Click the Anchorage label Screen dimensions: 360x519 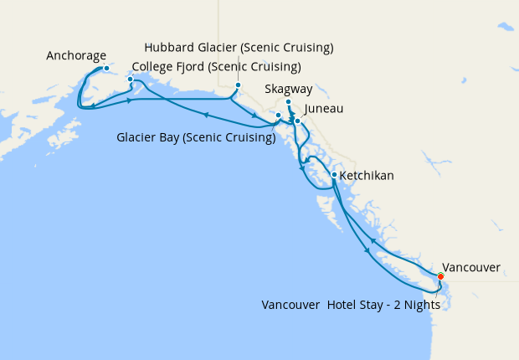76,57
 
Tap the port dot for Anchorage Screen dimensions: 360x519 106,68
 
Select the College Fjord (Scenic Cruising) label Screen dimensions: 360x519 217,67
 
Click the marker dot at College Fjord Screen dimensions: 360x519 130,80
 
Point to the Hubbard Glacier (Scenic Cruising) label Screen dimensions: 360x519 239,46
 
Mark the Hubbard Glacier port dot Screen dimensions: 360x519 238,85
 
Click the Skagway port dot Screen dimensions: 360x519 288,103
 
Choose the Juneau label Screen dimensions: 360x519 324,109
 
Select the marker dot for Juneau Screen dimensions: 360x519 297,121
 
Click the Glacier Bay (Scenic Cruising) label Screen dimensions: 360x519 196,138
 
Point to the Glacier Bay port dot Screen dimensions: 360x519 278,115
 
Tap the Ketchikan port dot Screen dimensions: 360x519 334,175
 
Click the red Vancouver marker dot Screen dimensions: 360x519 441,275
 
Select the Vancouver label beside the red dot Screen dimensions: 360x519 471,268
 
